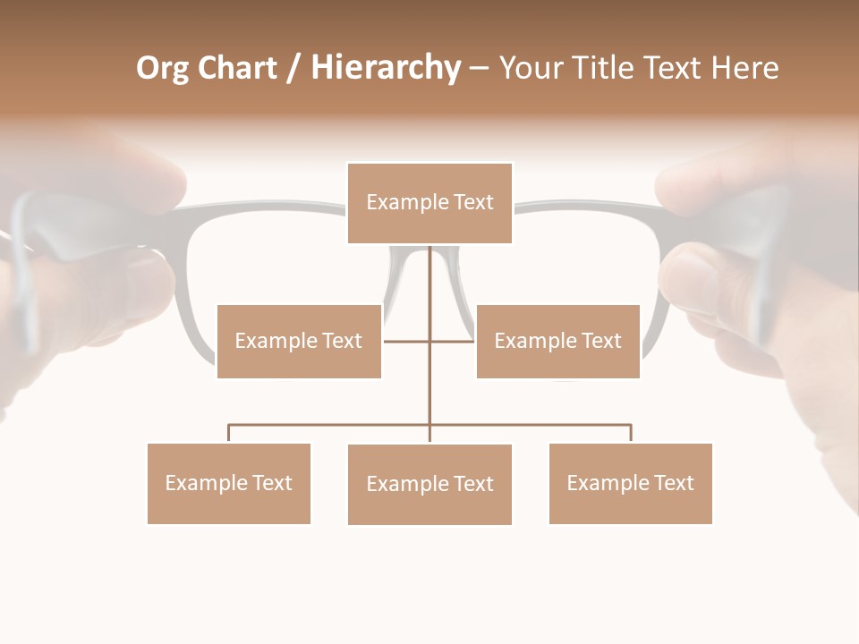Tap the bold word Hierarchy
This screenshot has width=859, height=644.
(x=386, y=69)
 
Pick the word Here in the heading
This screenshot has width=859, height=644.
(x=744, y=69)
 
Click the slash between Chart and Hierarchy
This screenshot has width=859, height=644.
(x=293, y=69)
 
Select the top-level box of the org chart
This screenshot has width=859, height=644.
(x=429, y=203)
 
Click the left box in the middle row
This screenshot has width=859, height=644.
(x=299, y=341)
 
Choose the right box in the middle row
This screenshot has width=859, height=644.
(x=557, y=341)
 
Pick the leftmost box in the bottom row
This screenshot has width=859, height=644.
(x=229, y=483)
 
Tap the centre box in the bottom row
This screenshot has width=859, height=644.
(x=429, y=484)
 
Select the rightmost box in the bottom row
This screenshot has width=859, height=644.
(x=630, y=483)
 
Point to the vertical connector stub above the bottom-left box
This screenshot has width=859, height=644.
(x=229, y=433)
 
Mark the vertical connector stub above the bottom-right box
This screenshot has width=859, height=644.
(x=631, y=433)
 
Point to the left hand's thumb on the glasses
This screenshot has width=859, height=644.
(x=134, y=286)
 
